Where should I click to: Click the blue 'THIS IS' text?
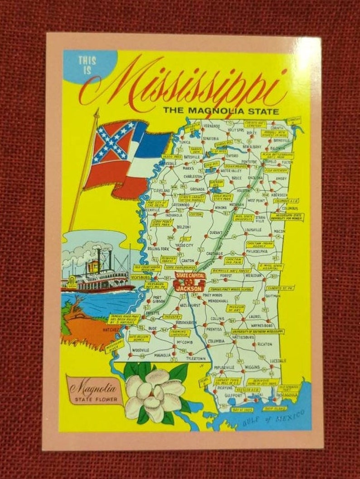[87, 66]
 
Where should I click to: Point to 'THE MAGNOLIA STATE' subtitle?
[221, 110]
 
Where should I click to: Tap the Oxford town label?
[232, 155]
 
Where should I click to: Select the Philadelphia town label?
[257, 250]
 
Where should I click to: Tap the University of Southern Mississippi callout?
[257, 331]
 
